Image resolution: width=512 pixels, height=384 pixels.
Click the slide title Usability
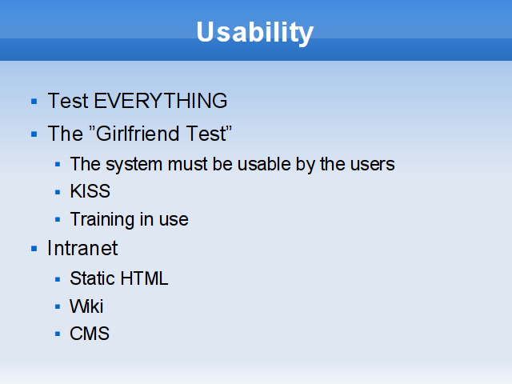(254, 32)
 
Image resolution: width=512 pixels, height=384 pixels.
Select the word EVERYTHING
(160, 101)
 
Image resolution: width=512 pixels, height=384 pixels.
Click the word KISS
(90, 191)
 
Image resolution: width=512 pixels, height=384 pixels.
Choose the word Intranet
(82, 248)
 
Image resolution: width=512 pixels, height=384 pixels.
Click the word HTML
(144, 278)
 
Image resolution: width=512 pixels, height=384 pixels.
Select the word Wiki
(86, 306)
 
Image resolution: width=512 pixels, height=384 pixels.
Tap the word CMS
(90, 334)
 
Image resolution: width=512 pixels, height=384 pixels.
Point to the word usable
(264, 164)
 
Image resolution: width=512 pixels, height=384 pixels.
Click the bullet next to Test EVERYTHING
(34, 102)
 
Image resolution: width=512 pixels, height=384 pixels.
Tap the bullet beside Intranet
(34, 249)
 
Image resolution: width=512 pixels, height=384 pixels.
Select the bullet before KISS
(58, 192)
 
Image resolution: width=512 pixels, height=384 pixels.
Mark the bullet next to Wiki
(58, 307)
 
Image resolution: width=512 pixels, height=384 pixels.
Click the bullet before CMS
(58, 334)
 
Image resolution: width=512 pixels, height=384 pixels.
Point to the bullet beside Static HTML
(58, 279)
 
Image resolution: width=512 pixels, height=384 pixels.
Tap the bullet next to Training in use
(58, 220)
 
